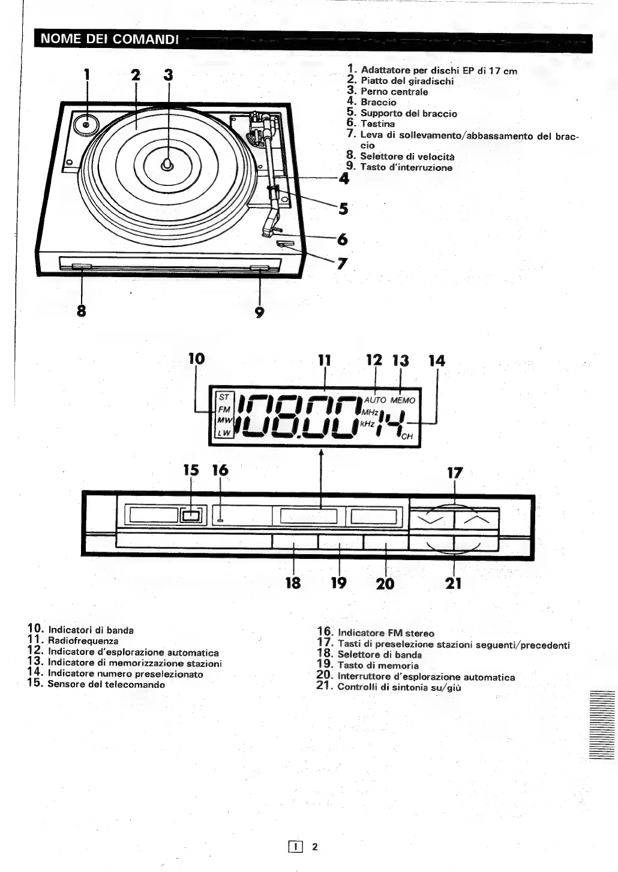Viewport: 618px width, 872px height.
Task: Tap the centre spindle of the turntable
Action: click(x=169, y=164)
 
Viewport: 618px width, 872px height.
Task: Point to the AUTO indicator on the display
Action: click(x=376, y=400)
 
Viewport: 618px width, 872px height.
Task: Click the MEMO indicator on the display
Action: click(x=403, y=400)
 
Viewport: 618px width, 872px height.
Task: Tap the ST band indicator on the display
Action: click(x=224, y=397)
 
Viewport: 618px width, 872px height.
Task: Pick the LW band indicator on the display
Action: click(x=224, y=432)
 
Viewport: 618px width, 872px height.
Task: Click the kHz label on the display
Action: click(x=368, y=423)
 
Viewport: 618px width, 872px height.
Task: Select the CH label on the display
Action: click(x=407, y=437)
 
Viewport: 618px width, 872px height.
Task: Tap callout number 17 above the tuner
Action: click(x=455, y=473)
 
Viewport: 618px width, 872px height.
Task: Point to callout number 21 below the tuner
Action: click(x=454, y=583)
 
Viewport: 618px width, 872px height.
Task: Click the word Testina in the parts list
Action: click(x=377, y=124)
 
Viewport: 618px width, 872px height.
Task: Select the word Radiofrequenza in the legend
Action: click(x=83, y=641)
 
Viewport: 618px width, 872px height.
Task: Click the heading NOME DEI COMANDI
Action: click(x=109, y=40)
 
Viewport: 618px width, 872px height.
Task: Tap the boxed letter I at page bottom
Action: click(x=295, y=847)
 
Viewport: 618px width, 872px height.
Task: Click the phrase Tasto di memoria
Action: click(x=378, y=666)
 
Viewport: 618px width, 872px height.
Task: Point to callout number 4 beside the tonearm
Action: click(x=344, y=178)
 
